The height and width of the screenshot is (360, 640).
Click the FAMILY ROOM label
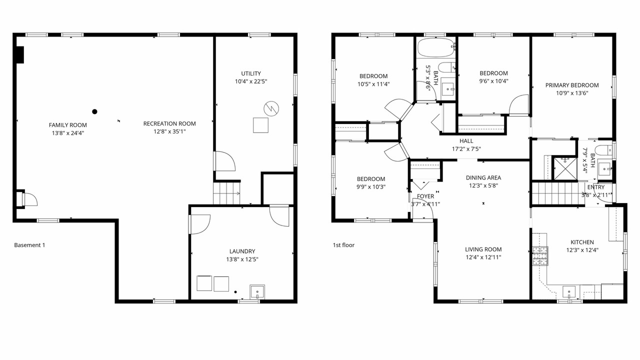pos(67,125)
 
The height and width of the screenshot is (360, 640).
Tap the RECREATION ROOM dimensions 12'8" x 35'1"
pos(169,131)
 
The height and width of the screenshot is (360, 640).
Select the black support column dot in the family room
pos(94,111)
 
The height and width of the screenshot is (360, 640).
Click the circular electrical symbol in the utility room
pos(271,108)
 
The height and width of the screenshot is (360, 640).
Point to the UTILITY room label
pos(251,73)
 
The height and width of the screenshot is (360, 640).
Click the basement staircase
pos(226,193)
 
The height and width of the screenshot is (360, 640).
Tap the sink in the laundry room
pos(257,291)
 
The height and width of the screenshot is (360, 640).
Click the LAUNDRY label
pos(242,251)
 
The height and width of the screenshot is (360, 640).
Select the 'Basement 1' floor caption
pos(29,245)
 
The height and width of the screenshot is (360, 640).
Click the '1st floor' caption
pos(343,245)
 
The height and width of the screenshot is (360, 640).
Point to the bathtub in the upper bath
pos(436,47)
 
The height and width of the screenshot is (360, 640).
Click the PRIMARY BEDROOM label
pos(572,85)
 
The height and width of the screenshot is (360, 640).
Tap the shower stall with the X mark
pos(565,168)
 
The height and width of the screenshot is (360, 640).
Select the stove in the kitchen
pos(540,256)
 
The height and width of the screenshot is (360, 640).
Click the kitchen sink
pos(569,292)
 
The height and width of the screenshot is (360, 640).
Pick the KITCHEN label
pos(582,242)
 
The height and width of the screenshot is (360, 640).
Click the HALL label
pos(466,141)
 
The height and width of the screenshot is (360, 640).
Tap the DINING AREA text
pos(483,177)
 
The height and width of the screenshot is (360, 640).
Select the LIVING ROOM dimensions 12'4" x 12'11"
pos(483,257)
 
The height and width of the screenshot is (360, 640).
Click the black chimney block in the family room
pos(20,54)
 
